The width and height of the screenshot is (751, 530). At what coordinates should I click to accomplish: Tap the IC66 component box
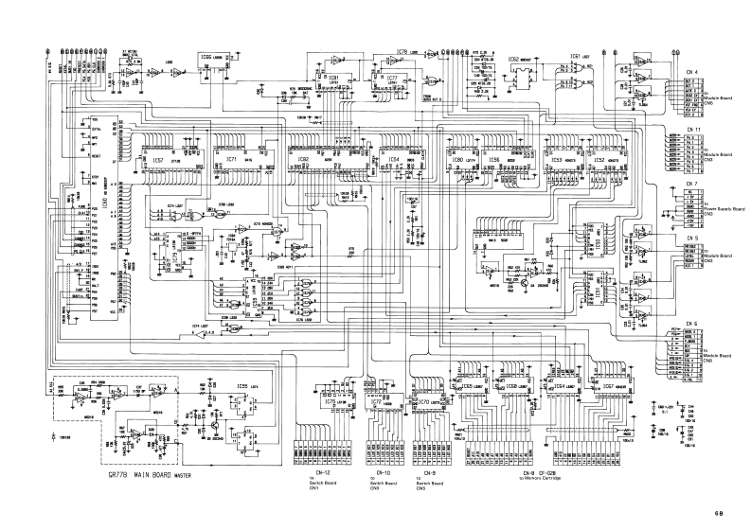pos(212,58)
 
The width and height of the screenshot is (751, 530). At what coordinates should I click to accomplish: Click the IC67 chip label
pos(599,386)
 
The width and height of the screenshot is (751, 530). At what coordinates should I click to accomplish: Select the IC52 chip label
pos(599,161)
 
